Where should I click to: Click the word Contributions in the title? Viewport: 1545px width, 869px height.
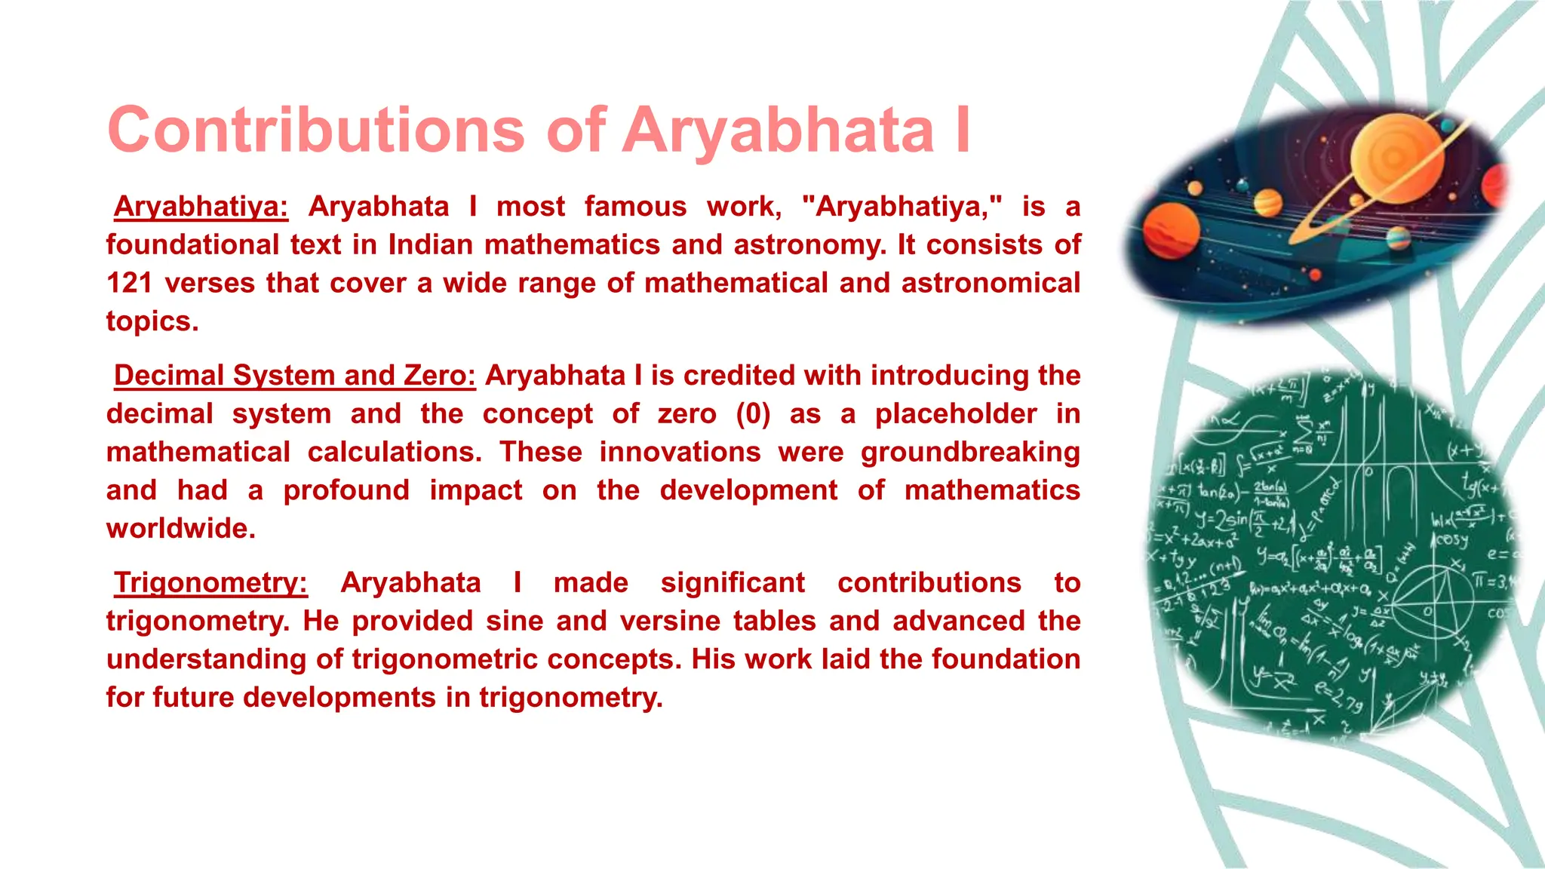[x=315, y=130]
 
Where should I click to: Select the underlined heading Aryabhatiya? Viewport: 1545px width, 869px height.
[x=201, y=207]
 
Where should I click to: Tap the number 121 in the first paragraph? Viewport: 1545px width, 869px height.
[x=129, y=284]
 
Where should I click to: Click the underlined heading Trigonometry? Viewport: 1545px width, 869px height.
[x=210, y=583]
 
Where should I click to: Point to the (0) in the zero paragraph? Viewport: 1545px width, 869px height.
[x=753, y=414]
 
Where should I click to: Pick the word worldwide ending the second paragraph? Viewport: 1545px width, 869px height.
[x=180, y=529]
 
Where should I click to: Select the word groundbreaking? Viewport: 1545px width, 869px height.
[x=970, y=453]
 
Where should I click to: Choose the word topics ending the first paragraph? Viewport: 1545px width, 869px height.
[x=152, y=321]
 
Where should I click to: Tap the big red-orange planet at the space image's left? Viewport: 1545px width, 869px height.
[x=1171, y=230]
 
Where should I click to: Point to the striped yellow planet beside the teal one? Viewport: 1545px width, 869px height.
[x=1268, y=202]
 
